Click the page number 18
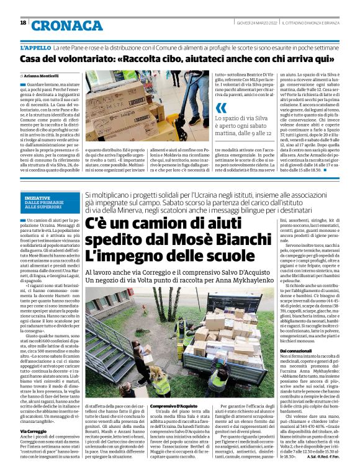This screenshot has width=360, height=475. pos(23,23)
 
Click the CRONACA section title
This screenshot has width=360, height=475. pos(68,25)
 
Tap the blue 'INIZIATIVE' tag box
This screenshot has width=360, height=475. pos(45,199)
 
